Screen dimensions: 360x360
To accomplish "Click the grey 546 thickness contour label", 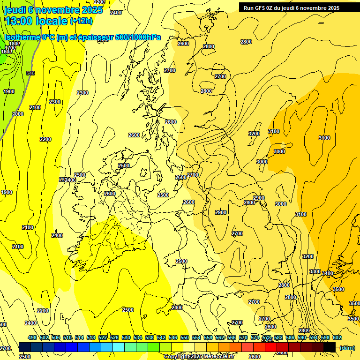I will (30, 73).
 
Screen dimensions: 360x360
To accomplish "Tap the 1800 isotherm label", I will (15, 44).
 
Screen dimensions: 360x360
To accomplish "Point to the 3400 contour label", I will (327, 273).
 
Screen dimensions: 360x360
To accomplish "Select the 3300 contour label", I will (315, 272).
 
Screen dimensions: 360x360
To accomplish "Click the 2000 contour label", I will (18, 114).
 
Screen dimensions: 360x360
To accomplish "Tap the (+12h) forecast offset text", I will (81, 21).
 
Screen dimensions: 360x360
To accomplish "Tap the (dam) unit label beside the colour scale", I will (347, 347).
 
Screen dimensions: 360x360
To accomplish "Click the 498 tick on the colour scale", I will (32, 337).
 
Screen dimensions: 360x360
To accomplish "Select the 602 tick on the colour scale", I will (337, 337).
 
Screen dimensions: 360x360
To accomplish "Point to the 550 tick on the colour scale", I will (185, 337).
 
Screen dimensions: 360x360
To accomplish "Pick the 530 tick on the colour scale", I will (126, 337).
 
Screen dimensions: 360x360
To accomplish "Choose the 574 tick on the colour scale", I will (255, 337).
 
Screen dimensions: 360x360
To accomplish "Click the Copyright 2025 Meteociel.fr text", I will (199, 357).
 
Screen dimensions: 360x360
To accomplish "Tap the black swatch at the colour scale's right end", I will (330, 347).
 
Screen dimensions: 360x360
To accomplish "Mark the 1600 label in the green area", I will (7, 52).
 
